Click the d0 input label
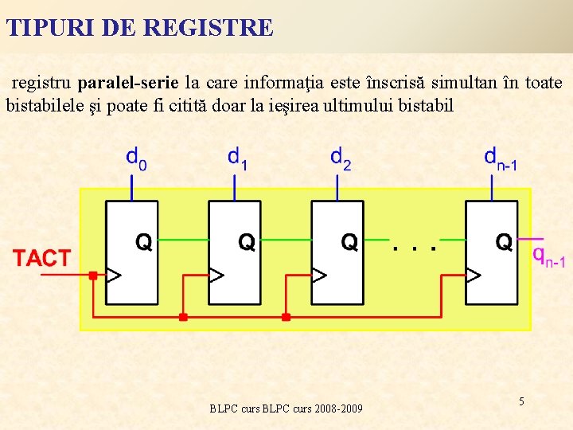tap(136, 158)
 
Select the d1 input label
tap(237, 158)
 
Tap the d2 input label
tap(340, 158)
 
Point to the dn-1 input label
tap(501, 158)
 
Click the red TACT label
tap(41, 258)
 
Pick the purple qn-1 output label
tap(548, 256)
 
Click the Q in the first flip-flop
tap(143, 241)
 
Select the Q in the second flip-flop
tap(247, 241)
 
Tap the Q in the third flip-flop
tap(349, 241)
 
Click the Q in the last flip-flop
tap(504, 241)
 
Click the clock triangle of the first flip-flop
tap(113, 276)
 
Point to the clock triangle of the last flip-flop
tap(473, 276)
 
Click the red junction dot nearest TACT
tap(92, 276)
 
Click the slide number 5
tap(521, 401)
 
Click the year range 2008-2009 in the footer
tap(338, 408)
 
